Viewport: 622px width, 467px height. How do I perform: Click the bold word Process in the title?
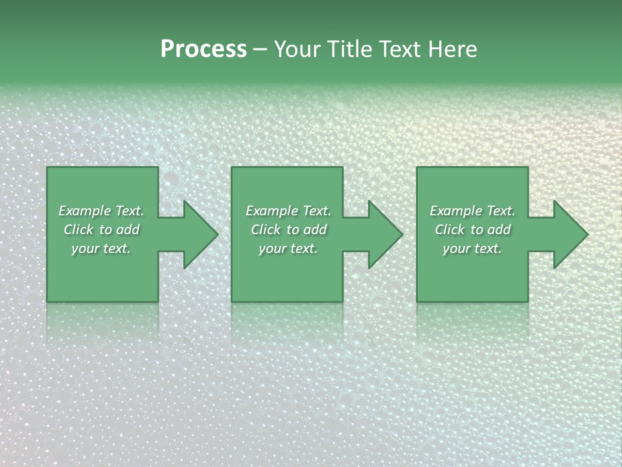tap(203, 49)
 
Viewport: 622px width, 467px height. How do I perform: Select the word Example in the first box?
tap(85, 211)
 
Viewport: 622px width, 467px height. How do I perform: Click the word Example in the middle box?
tap(272, 211)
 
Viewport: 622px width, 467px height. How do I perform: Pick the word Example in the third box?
tap(456, 211)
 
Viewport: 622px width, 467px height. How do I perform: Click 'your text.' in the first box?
tap(101, 248)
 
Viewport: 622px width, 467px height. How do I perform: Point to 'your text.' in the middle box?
tap(288, 248)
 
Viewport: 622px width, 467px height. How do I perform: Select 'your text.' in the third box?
tap(472, 248)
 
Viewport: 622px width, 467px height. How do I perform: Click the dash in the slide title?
tap(260, 50)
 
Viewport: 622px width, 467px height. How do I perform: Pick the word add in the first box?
tap(127, 230)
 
